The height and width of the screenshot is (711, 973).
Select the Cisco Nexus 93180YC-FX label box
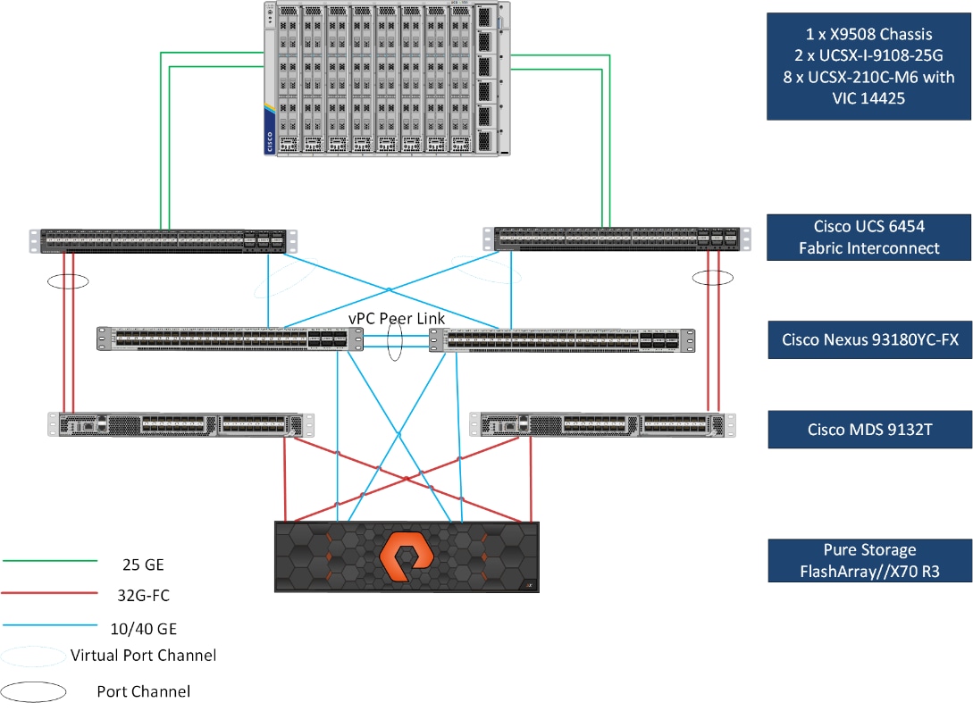coord(869,339)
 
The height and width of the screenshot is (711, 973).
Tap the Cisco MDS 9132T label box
coord(869,429)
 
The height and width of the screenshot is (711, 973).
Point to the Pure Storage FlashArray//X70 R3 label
coord(869,560)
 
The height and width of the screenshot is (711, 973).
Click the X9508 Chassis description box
coord(869,66)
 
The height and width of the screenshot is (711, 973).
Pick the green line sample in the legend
coord(49,561)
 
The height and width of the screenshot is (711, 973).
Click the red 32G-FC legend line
coord(49,592)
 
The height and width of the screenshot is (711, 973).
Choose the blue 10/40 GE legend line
coord(49,624)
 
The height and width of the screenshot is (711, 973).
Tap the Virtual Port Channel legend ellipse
coord(32,657)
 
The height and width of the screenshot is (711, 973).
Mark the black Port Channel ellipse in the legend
coord(34,690)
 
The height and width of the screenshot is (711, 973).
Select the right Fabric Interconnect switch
coord(617,238)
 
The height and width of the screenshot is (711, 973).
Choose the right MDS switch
coord(603,425)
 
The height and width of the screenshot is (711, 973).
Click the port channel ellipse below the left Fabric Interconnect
coord(68,280)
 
